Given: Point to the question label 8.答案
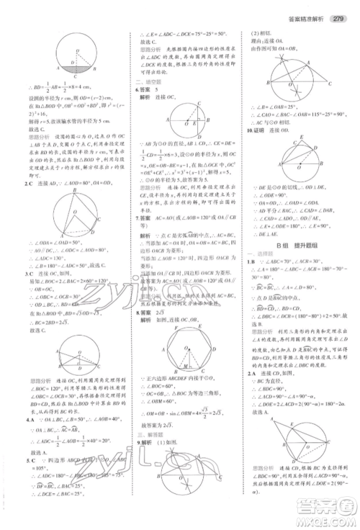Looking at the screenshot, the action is tap(145, 313).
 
